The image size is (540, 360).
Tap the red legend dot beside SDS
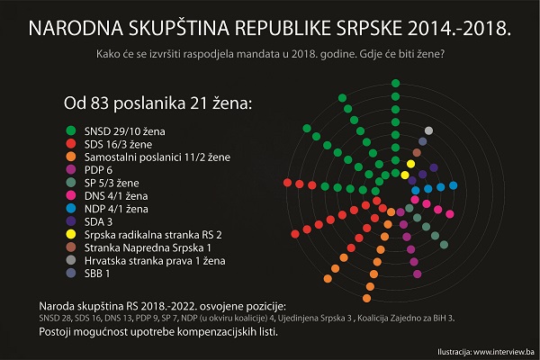[69, 144]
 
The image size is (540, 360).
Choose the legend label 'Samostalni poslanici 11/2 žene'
[159, 157]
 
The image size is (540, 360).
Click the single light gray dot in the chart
[428, 131]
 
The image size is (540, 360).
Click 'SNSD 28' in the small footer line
[55, 318]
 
